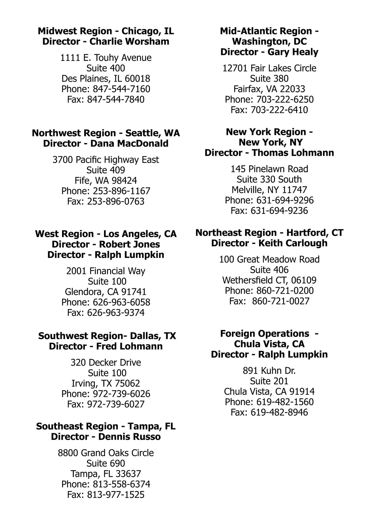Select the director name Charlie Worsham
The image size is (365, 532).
pyautogui.click(x=129, y=42)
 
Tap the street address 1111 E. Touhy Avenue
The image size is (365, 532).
pyautogui.click(x=106, y=58)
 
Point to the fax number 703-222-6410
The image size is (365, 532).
pyautogui.click(x=279, y=110)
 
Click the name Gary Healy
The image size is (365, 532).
pyautogui.click(x=293, y=52)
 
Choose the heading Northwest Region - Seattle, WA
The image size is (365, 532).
pyautogui.click(x=106, y=133)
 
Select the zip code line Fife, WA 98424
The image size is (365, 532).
pyautogui.click(x=106, y=181)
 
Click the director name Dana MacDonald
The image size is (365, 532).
pyautogui.click(x=129, y=144)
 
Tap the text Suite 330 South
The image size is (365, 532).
pyautogui.click(x=269, y=179)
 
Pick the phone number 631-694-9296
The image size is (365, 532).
pyautogui.click(x=285, y=200)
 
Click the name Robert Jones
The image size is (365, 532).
pyautogui.click(x=129, y=245)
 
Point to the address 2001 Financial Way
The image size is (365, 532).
pyautogui.click(x=106, y=271)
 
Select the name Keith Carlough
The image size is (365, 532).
pyautogui.click(x=293, y=243)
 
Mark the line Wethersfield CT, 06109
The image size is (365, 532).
pyautogui.click(x=269, y=280)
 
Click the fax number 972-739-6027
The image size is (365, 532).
pyautogui.click(x=116, y=404)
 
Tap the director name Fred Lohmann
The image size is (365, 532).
pyautogui.click(x=129, y=346)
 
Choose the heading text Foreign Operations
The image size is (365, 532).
pyautogui.click(x=265, y=334)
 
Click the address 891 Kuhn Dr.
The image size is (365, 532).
pyautogui.click(x=269, y=371)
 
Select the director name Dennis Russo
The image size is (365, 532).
pyautogui.click(x=129, y=437)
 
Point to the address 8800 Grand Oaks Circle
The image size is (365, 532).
pyautogui.click(x=106, y=453)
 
